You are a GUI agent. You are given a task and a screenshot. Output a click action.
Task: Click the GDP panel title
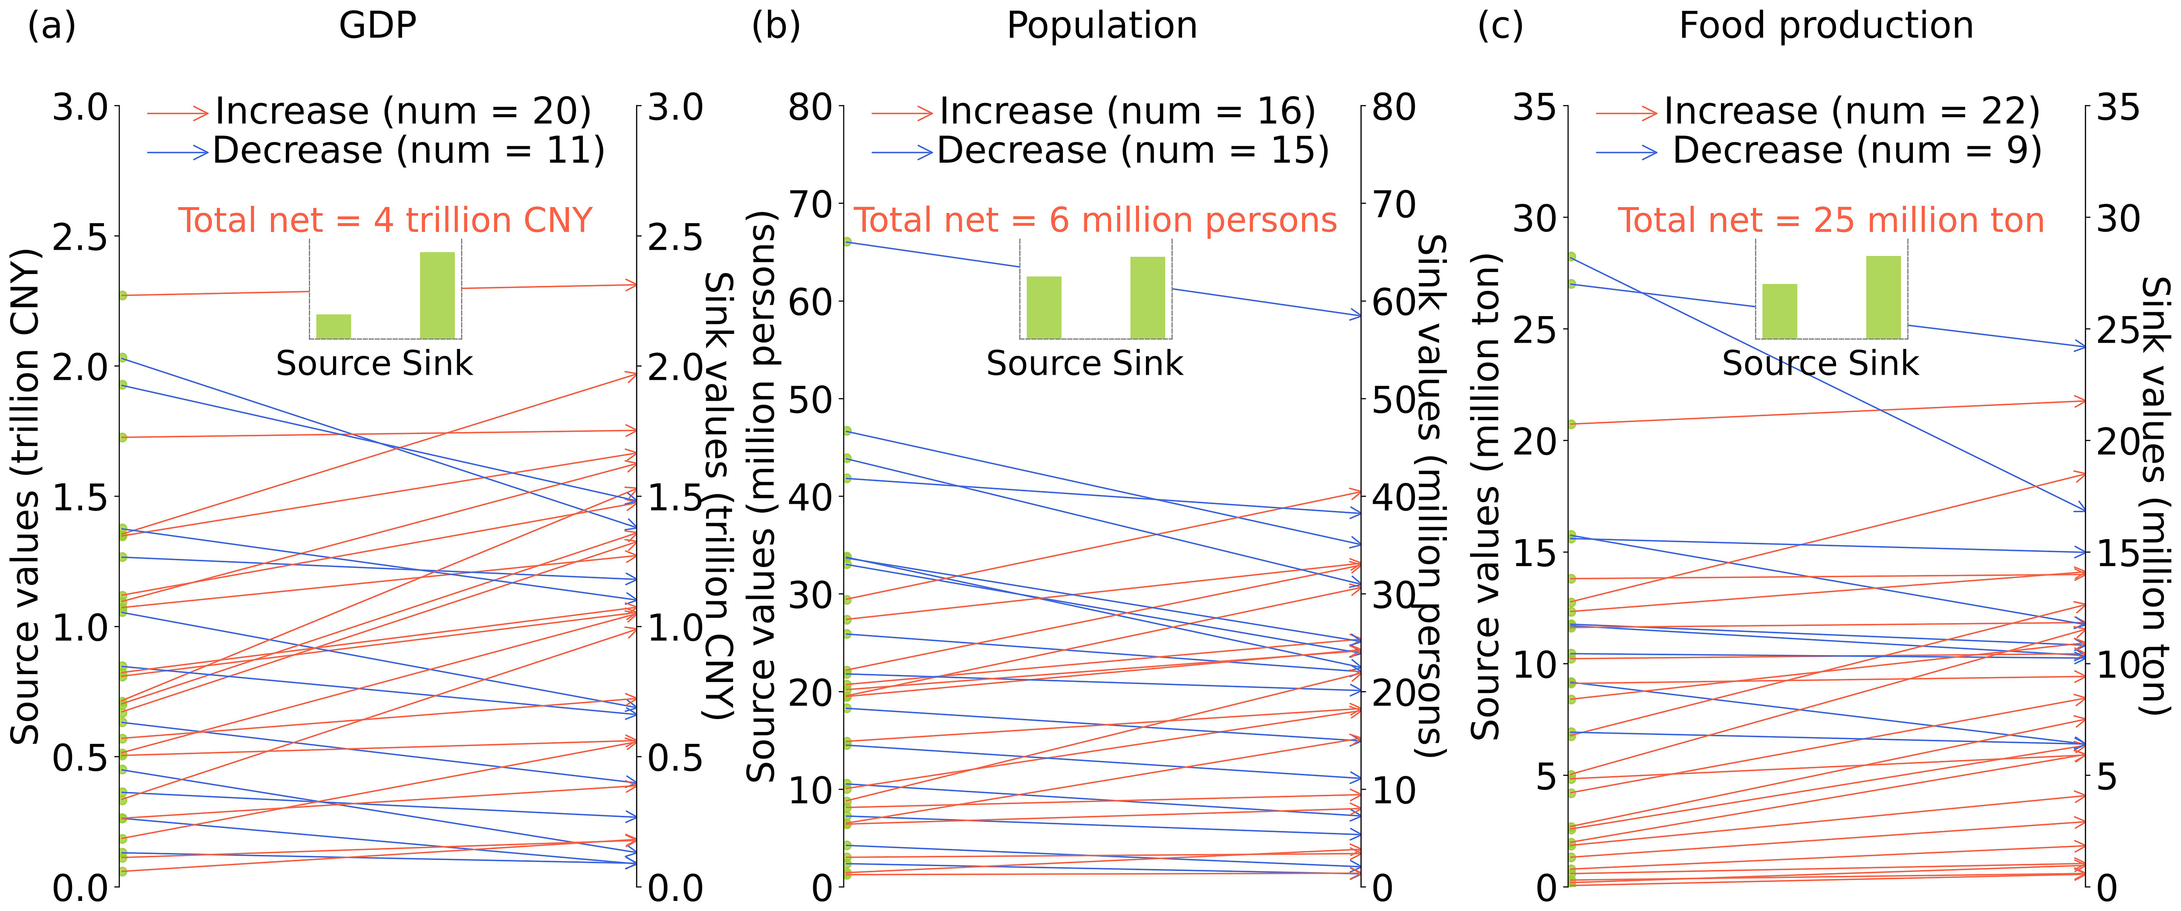tap(378, 25)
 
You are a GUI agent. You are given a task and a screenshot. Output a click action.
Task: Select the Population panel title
tap(1101, 25)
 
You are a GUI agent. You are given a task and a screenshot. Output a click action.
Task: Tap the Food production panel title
tap(1826, 25)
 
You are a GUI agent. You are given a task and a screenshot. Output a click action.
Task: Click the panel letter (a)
tap(52, 25)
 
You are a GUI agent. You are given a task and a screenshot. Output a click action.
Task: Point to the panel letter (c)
tap(1500, 25)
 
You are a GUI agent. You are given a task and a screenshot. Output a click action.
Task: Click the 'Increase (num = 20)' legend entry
tap(402, 111)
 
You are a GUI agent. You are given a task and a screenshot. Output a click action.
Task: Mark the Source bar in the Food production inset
tap(1780, 311)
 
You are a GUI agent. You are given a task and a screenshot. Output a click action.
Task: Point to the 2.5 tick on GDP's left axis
tap(81, 237)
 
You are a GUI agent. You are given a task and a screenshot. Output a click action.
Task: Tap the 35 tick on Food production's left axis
tap(1534, 108)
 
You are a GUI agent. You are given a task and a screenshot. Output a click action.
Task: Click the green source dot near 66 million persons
tap(847, 242)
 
